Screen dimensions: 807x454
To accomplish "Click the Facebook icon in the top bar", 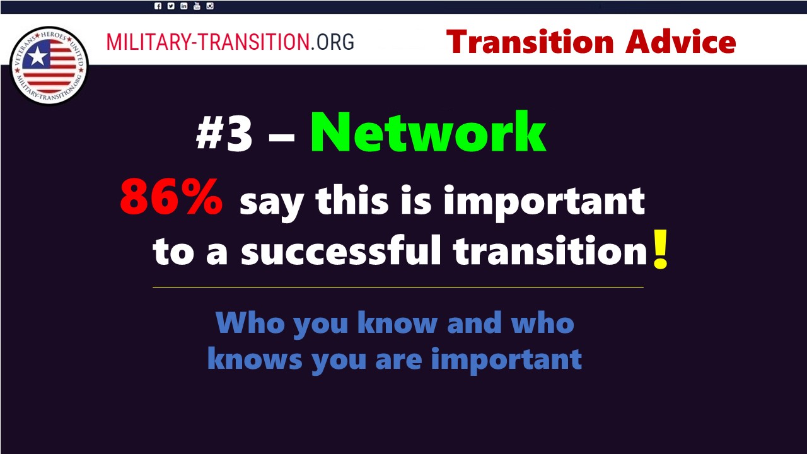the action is pos(158,6).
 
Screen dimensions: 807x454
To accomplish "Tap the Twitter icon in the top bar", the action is pos(171,6).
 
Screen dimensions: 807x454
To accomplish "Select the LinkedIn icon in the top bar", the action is pos(183,6).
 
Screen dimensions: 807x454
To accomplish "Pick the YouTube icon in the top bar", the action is pos(197,6).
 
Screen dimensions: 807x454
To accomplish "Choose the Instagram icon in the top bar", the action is pos(210,6).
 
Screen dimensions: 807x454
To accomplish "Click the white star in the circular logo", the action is pos(37,57).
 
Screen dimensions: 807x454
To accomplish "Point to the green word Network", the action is pos(428,132).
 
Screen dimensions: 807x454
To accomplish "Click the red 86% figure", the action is pos(171,197).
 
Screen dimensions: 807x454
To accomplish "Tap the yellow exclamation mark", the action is pos(660,249).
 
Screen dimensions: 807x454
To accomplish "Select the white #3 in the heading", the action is pos(224,134).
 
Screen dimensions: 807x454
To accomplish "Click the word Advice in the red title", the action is pos(680,42).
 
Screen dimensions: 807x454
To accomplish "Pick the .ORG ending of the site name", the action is pos(332,42).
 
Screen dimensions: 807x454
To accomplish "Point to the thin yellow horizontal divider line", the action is pos(398,287).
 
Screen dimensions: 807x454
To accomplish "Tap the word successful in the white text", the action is pos(341,250).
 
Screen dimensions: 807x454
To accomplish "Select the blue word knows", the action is pos(255,359).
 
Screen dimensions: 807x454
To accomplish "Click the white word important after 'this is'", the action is pos(544,202).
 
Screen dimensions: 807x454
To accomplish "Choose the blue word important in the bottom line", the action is pos(506,361).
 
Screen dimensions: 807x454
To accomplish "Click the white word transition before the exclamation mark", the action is pos(550,250).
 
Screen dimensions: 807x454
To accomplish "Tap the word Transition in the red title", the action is pos(530,42).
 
